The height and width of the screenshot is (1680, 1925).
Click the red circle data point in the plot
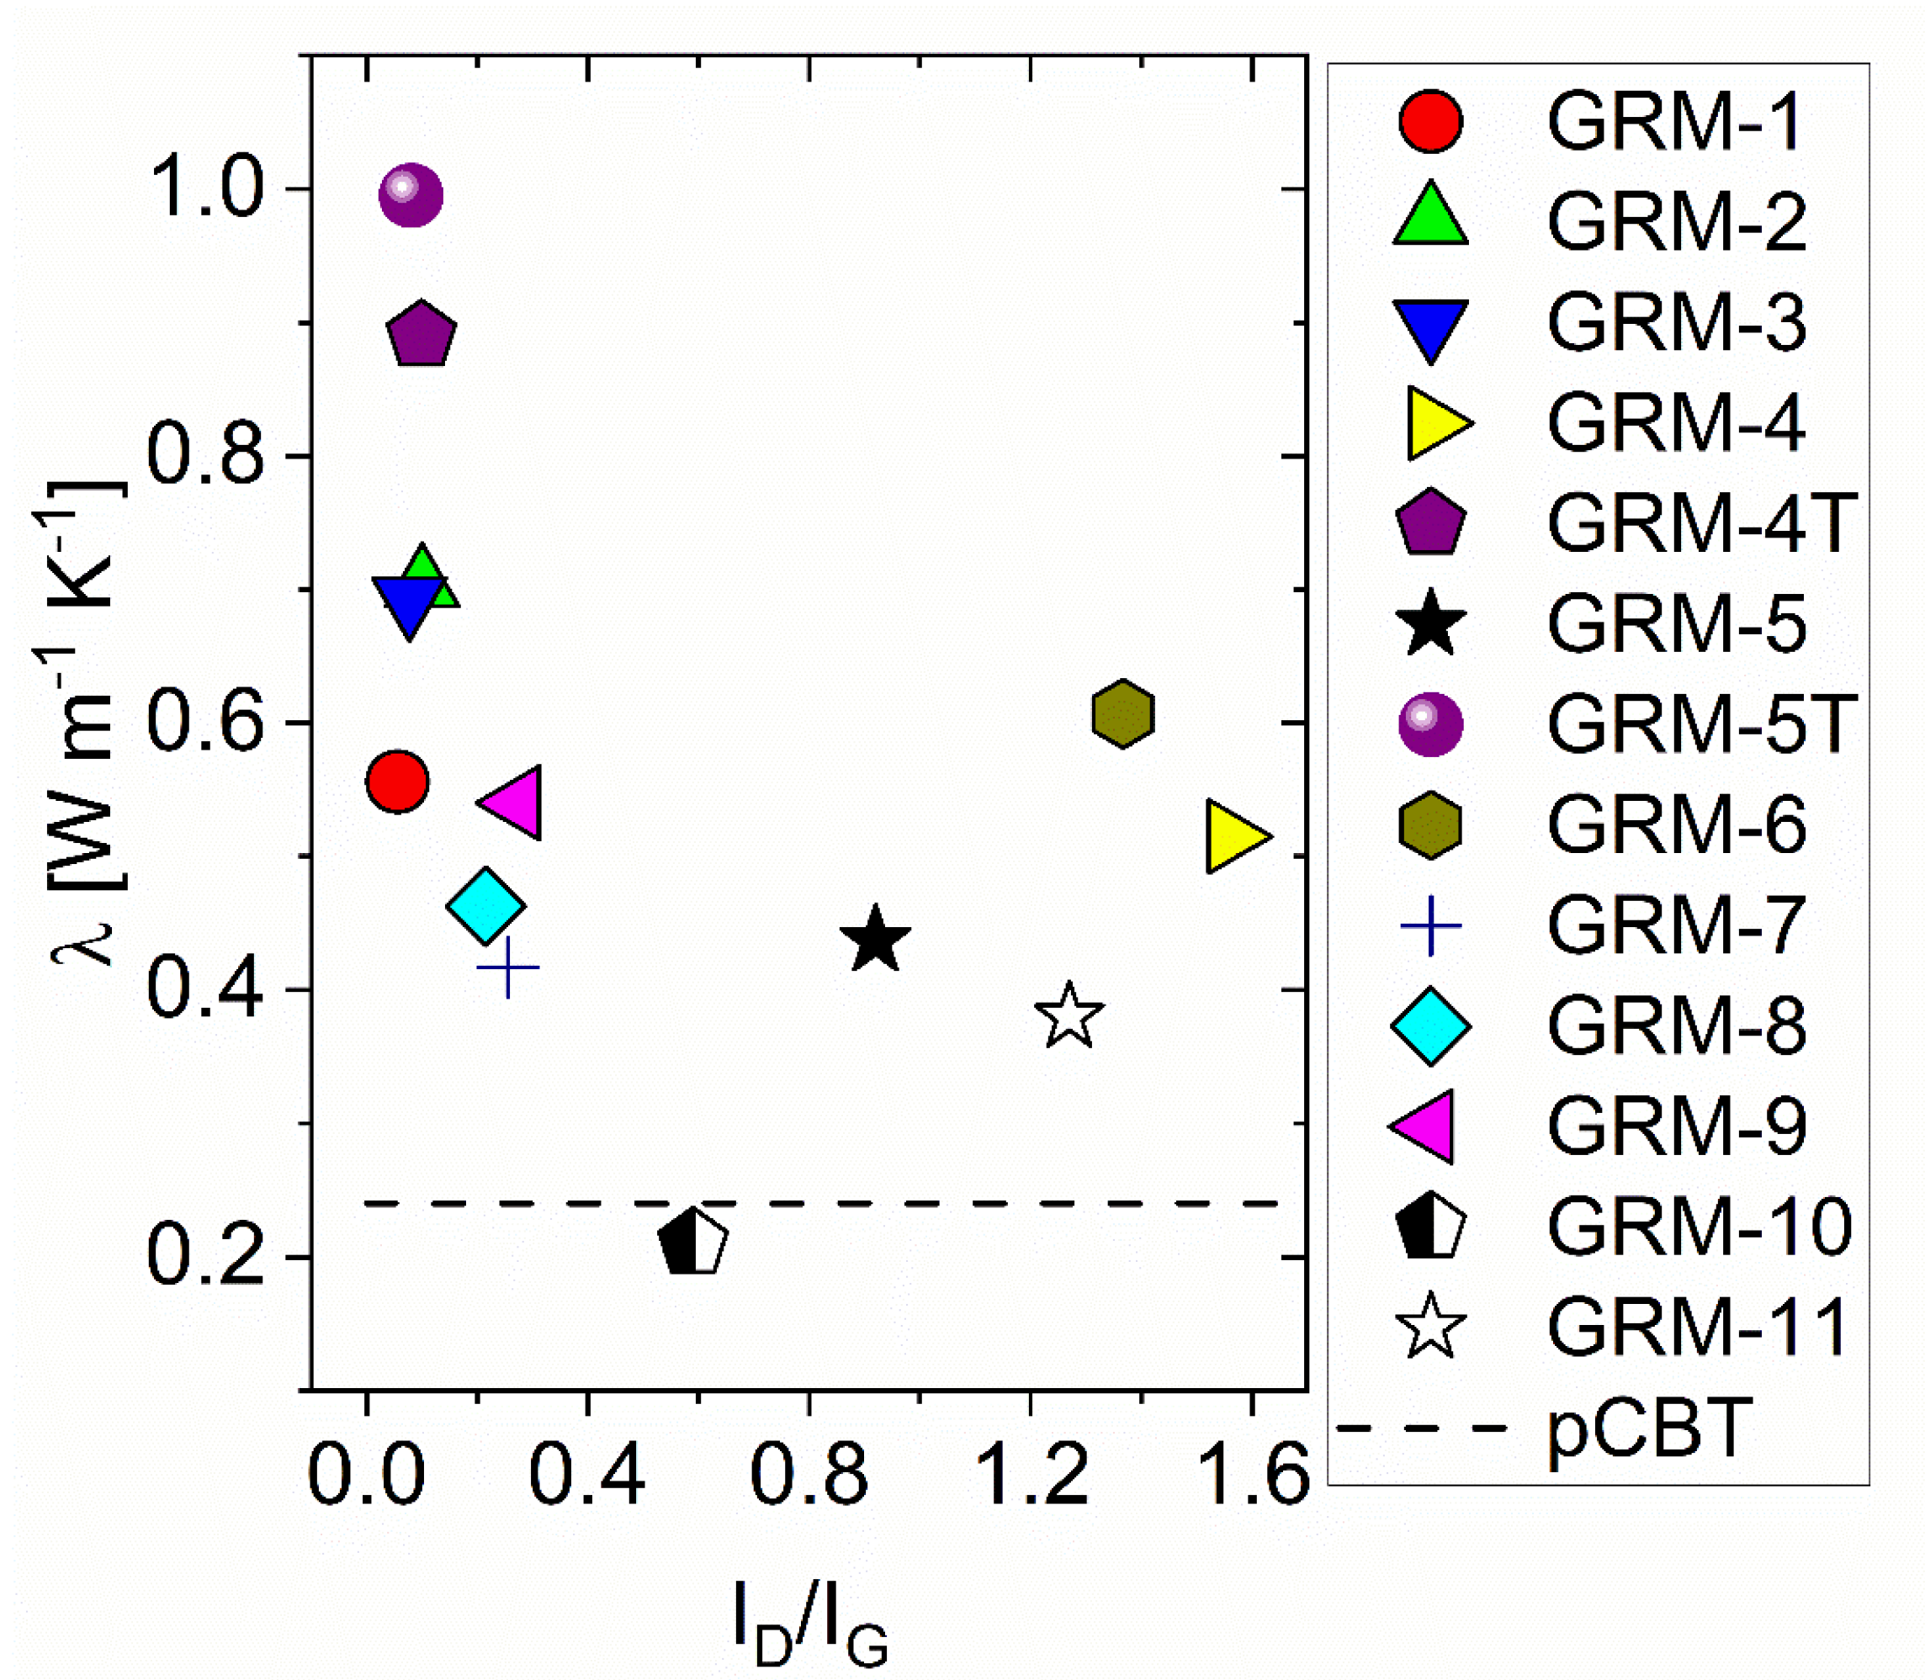click(398, 780)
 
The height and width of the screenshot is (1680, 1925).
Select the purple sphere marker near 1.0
click(410, 195)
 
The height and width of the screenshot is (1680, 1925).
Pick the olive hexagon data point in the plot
click(1122, 714)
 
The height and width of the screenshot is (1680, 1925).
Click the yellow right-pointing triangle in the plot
click(1233, 836)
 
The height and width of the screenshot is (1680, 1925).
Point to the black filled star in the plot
click(875, 941)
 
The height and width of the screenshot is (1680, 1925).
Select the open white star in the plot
click(1069, 1016)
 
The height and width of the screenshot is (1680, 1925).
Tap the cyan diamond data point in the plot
click(485, 906)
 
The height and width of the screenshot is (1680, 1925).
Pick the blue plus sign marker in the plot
click(508, 967)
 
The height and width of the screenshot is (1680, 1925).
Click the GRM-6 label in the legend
click(1677, 825)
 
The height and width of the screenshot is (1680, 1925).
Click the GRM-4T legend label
click(1701, 523)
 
